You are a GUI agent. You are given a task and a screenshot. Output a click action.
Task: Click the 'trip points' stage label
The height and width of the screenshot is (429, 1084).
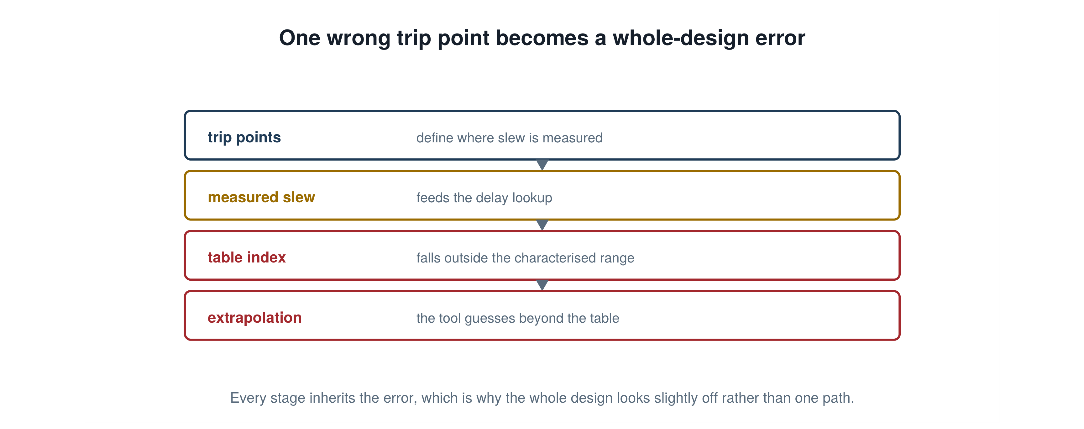(244, 138)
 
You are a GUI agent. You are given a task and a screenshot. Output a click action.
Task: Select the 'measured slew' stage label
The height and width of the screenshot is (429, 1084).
(261, 197)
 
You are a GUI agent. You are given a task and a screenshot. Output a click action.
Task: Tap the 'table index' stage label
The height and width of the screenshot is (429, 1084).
(247, 257)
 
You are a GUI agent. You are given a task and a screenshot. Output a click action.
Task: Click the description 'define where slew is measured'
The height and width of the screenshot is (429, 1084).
(509, 138)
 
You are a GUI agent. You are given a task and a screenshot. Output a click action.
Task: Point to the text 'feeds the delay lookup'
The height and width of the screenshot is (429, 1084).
(484, 198)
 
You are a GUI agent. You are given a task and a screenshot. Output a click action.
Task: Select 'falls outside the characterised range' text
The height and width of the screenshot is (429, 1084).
(525, 258)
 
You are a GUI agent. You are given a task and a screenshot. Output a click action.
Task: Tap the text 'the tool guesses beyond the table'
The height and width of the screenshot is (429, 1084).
(518, 318)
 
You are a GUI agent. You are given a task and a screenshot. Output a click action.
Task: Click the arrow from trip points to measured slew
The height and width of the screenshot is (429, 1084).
(542, 165)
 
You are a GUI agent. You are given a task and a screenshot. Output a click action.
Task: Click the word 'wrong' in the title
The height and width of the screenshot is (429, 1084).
(359, 38)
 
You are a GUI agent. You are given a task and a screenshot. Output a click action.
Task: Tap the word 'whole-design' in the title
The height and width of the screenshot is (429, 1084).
(680, 38)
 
